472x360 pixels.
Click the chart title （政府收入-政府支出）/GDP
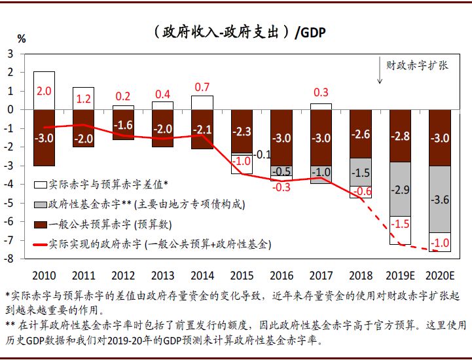click(x=236, y=31)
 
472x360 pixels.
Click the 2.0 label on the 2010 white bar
click(x=44, y=91)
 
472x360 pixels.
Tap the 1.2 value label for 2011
click(x=83, y=99)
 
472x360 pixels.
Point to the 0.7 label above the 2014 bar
click(x=202, y=86)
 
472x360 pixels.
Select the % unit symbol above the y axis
click(x=22, y=39)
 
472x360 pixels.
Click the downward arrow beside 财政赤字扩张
click(x=379, y=71)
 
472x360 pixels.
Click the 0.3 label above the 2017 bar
click(x=321, y=92)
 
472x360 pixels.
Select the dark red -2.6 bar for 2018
click(x=361, y=134)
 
